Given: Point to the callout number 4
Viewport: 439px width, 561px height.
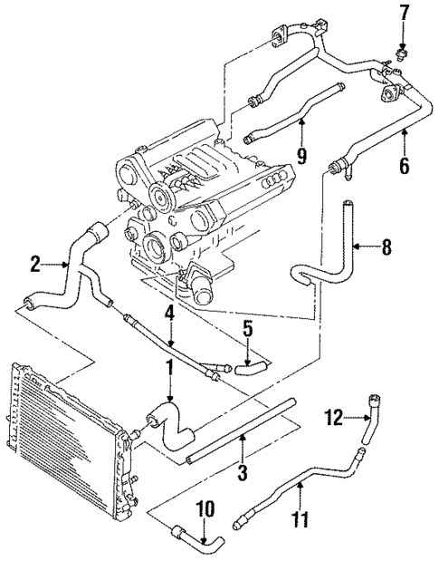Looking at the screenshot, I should tap(169, 314).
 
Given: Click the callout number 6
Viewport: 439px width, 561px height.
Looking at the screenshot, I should tap(404, 166).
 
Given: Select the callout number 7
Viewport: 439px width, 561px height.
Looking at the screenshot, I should tap(404, 15).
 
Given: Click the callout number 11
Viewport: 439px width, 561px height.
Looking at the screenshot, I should tap(300, 520).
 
